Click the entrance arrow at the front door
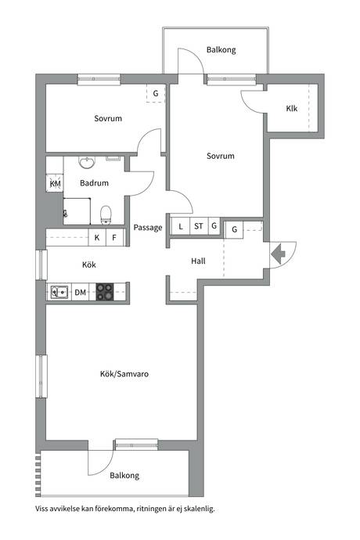coord(278,254)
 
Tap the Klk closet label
coord(291,109)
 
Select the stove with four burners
coord(105,292)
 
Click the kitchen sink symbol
coord(59,292)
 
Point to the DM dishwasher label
coord(81,293)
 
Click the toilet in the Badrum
coord(106,214)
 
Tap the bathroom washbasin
coord(87,162)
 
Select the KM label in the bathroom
coord(55,184)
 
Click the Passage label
coord(148,228)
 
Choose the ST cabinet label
coord(199,226)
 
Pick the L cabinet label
coord(181,227)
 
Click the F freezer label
coord(114,238)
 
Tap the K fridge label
coord(97,238)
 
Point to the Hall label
coord(198,261)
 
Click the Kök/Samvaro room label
coord(124,374)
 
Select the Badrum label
coord(94,183)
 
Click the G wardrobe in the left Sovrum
coord(156,93)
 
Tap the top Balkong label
coord(221,50)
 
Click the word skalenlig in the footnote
coord(199,509)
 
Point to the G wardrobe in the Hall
coord(235,229)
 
